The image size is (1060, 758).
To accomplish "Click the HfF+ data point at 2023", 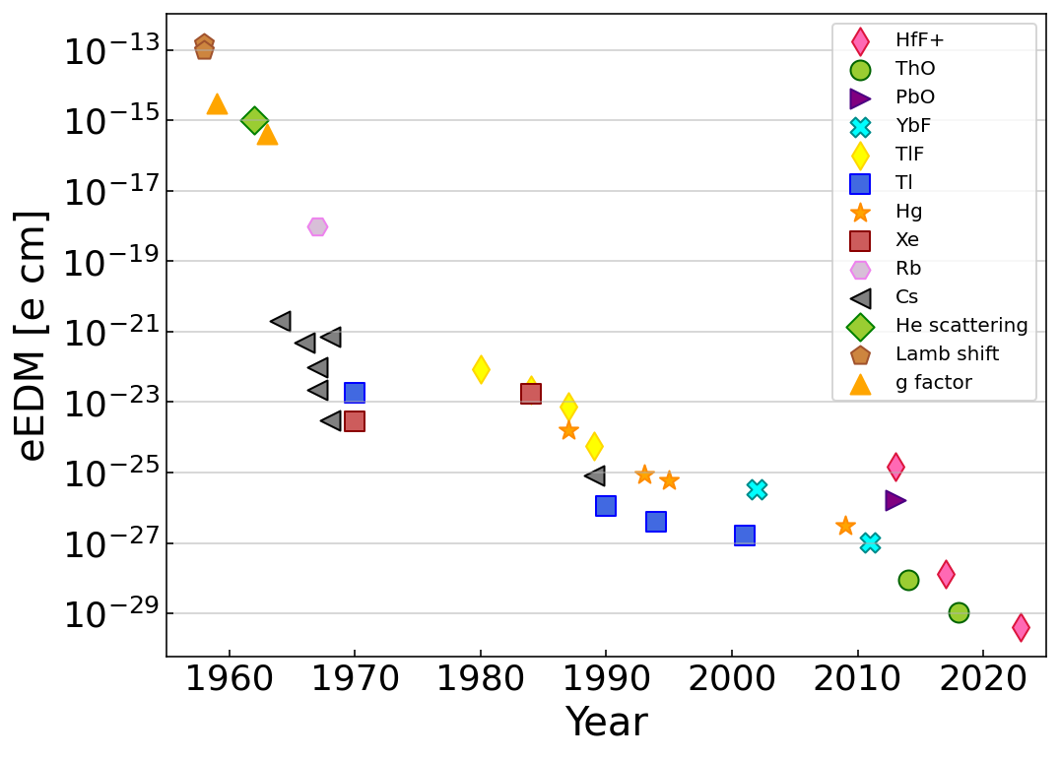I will click(1021, 626).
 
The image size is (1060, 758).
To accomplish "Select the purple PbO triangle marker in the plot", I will click(894, 500).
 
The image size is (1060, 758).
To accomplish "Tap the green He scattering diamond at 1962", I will click(255, 120).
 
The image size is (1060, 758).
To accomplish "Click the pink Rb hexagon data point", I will click(317, 226).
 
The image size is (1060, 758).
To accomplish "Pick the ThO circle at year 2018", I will click(959, 612).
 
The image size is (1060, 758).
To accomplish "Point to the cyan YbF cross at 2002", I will click(757, 489).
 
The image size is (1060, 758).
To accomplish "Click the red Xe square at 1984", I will click(531, 394).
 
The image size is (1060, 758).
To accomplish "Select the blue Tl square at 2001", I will click(745, 536).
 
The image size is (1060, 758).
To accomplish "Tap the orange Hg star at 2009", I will click(845, 526).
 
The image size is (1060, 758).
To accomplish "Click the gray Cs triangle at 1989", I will click(595, 475).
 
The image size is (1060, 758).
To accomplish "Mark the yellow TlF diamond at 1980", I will click(481, 369).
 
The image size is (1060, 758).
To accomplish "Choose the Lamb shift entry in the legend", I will click(947, 354).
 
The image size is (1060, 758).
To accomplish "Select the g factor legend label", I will click(933, 383).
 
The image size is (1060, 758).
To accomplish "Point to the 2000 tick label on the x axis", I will click(732, 679).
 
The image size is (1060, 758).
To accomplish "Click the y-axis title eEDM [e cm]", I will click(33, 335).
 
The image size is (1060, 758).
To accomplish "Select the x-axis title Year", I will click(606, 724).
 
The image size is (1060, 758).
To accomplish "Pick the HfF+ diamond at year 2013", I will click(895, 466).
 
